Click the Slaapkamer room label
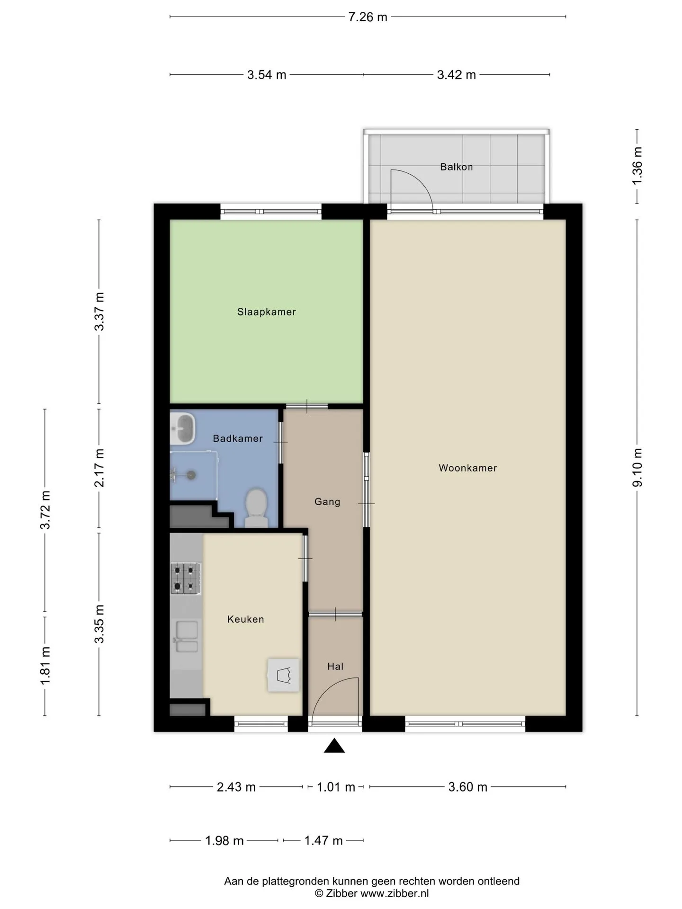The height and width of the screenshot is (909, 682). [266, 312]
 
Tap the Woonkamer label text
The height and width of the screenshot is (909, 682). [467, 468]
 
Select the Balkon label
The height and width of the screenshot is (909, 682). [456, 167]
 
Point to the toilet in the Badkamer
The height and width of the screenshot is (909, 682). [256, 508]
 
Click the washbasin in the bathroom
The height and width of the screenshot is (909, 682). [182, 428]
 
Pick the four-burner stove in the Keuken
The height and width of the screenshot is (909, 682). [186, 579]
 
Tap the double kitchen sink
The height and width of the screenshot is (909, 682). [187, 637]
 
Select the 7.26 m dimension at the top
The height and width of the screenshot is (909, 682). [368, 17]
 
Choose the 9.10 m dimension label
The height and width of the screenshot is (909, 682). [637, 467]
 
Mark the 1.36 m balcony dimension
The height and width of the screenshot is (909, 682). [637, 166]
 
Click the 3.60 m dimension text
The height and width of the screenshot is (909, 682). [467, 787]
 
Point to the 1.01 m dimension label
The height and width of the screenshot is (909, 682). [336, 787]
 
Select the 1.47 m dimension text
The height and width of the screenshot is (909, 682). [323, 840]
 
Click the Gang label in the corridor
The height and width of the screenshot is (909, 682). [327, 501]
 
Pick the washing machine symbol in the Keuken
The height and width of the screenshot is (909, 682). [283, 675]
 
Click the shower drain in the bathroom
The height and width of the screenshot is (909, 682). [191, 474]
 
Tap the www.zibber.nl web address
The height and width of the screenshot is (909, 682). [395, 893]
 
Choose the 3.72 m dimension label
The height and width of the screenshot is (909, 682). [45, 510]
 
